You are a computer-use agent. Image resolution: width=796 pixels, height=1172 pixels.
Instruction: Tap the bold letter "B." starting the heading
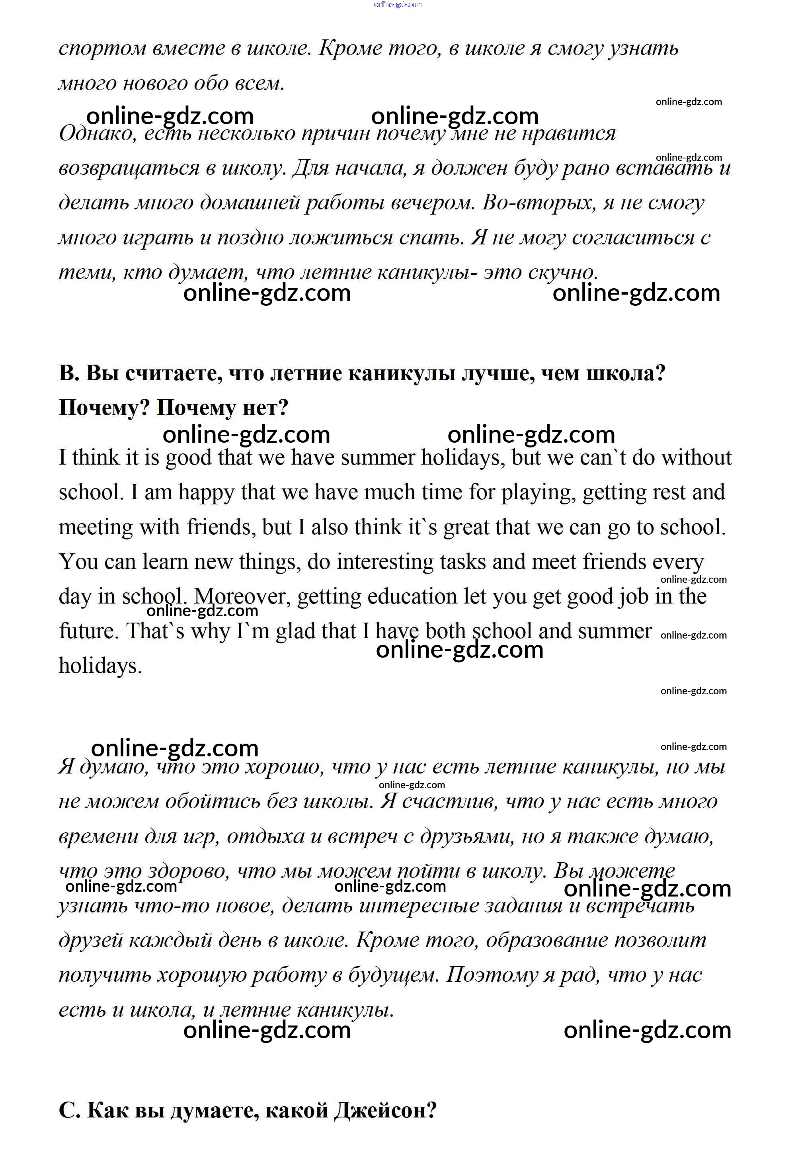point(69,374)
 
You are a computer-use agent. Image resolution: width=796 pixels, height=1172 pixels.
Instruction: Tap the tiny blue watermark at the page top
point(398,4)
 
